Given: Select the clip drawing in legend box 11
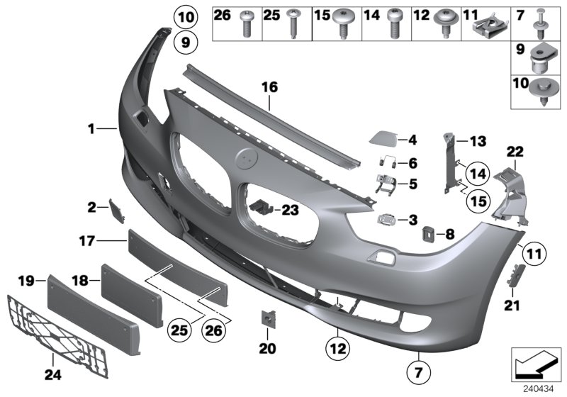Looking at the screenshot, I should point(488,28).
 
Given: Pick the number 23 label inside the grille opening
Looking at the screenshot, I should point(291,209).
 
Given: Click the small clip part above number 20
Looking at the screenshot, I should point(269,320).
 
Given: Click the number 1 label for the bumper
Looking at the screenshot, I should point(91,129).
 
